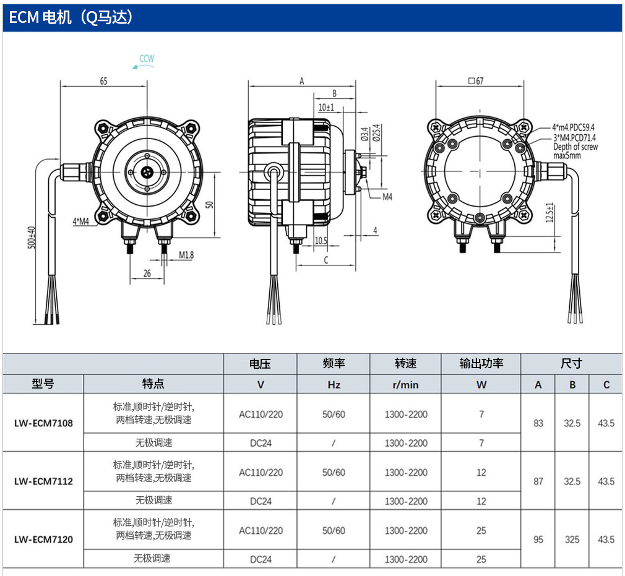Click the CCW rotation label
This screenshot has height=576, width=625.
pyautogui.click(x=147, y=59)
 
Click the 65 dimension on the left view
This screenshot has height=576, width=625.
pyautogui.click(x=103, y=81)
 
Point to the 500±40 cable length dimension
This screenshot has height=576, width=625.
pyautogui.click(x=32, y=238)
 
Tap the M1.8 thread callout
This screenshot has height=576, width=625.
pyautogui.click(x=186, y=255)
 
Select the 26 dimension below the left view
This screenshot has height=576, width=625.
pyautogui.click(x=147, y=273)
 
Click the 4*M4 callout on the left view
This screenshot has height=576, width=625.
pyautogui.click(x=81, y=221)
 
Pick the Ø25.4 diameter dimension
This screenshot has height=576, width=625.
pyautogui.click(x=376, y=133)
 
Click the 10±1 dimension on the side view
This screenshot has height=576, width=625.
pyautogui.click(x=326, y=108)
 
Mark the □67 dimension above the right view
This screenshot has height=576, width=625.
pyautogui.click(x=476, y=81)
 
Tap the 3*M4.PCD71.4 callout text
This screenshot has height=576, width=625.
pyautogui.click(x=574, y=137)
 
